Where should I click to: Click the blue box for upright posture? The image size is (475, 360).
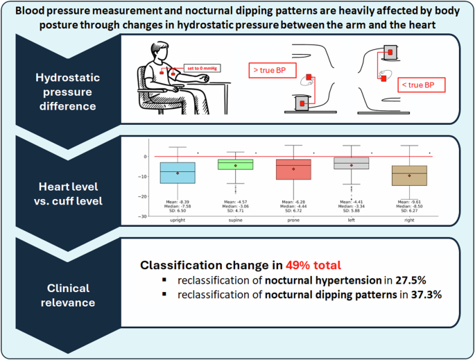tap(178, 173)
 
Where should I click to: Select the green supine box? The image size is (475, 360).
tap(235, 164)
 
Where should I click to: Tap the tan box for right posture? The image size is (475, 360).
tap(409, 175)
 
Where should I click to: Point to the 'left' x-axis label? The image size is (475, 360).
tap(352, 219)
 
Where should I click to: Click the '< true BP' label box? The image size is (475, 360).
tap(421, 85)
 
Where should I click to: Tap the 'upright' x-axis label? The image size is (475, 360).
tap(178, 219)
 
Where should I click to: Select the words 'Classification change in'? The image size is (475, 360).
tap(211, 265)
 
